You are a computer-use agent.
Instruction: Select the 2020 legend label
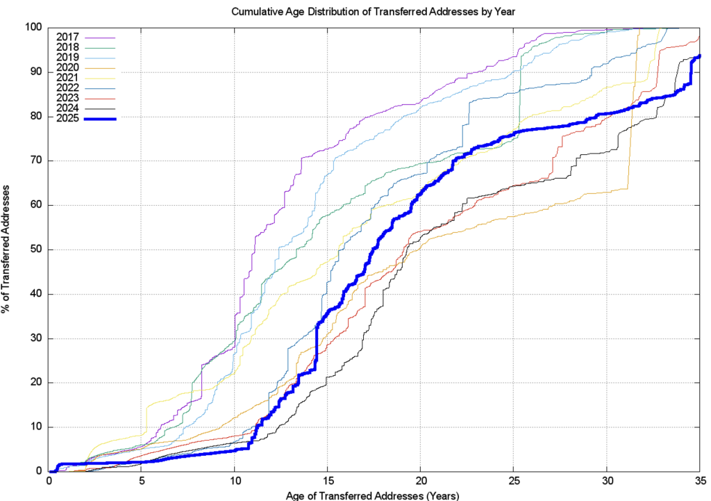tap(67, 67)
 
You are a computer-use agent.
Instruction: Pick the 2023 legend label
tap(67, 99)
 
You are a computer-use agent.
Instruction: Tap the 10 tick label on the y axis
tap(38, 427)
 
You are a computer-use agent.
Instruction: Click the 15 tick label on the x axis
tap(328, 481)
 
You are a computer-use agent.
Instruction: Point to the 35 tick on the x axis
tap(699, 481)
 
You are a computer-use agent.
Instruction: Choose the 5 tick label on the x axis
tap(142, 481)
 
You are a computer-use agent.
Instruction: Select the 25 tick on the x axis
tap(513, 481)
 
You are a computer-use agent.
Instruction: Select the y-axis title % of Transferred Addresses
tap(8, 249)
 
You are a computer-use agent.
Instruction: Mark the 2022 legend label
tap(67, 88)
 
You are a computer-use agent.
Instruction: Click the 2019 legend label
tap(67, 57)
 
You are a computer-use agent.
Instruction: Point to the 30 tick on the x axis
tap(606, 481)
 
